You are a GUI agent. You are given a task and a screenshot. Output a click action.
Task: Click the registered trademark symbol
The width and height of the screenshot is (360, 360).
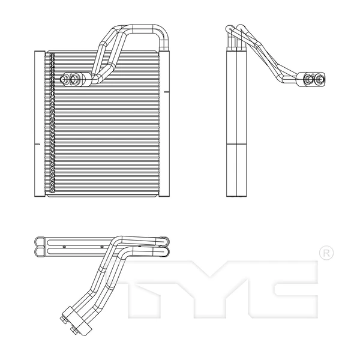(x=325, y=253)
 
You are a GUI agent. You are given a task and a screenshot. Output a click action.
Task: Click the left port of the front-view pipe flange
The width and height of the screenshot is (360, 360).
(x=66, y=77)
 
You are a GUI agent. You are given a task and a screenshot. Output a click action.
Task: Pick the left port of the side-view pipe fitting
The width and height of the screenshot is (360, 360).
(x=307, y=77)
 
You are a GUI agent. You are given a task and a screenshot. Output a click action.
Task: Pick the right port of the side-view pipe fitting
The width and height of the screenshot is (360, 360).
(x=317, y=77)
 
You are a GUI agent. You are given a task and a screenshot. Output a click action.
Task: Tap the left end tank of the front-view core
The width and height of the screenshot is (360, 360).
(x=39, y=123)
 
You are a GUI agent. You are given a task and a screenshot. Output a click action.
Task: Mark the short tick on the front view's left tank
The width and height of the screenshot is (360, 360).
(x=37, y=145)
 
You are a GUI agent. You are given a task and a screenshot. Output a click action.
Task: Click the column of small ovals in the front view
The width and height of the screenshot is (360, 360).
(x=52, y=123)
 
